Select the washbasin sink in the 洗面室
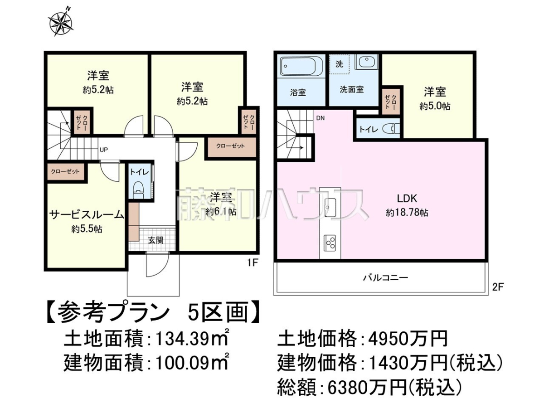(366, 62)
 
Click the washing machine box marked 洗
(339, 64)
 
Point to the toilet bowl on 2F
(391, 129)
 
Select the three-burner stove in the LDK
(330, 242)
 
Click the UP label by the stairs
(104, 150)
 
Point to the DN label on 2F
(321, 118)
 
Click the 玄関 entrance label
(155, 240)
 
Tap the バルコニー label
(385, 277)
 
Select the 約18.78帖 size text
(407, 213)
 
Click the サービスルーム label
(87, 215)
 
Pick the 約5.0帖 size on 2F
(435, 106)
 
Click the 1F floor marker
(253, 262)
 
